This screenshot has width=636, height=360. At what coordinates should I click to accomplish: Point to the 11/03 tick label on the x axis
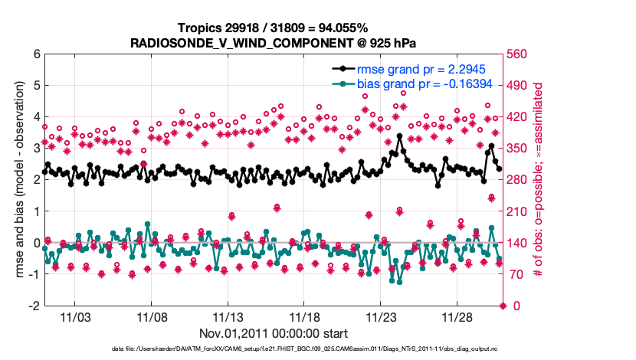point(75,317)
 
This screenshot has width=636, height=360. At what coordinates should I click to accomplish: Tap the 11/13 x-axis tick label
point(228,317)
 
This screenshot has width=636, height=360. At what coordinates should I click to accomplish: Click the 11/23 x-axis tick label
point(381,317)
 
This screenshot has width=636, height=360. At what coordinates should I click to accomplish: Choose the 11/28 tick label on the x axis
point(457,317)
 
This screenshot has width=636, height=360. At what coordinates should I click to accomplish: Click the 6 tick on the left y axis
point(36,54)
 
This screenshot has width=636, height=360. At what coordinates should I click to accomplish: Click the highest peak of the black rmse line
point(400,136)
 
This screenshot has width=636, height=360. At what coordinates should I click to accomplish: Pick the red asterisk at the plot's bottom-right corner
point(503,306)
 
